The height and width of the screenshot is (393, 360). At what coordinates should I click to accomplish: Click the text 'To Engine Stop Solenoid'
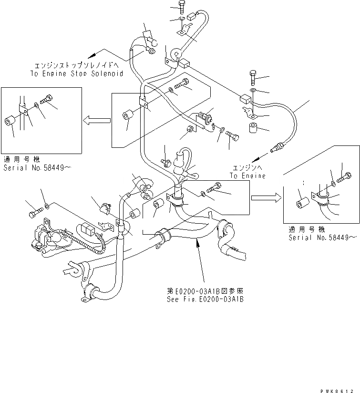[76, 73]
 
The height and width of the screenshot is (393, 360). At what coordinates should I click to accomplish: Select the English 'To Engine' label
[247, 176]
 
